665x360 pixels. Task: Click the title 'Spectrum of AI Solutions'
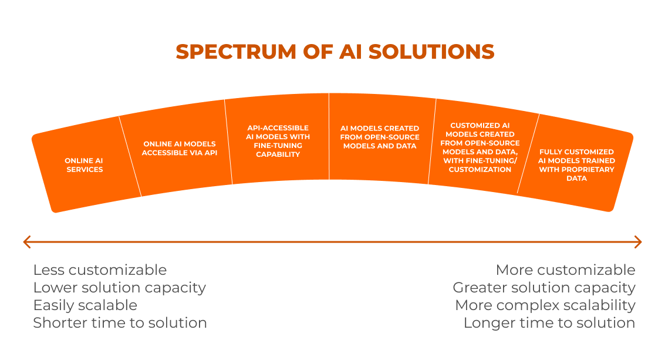(335, 52)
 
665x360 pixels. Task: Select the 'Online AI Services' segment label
(84, 165)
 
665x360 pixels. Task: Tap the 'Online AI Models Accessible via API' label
(180, 148)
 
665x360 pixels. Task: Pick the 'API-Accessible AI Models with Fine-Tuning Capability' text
(278, 141)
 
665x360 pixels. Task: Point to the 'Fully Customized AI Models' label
(576, 165)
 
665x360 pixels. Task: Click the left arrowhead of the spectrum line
(26, 242)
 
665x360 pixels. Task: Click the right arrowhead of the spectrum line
(638, 242)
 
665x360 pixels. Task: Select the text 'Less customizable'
(100, 270)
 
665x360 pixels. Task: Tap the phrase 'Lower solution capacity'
(119, 288)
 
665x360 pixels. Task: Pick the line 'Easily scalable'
(85, 305)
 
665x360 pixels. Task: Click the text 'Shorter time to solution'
(120, 323)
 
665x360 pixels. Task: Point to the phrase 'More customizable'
(565, 270)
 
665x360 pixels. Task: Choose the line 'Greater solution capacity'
(544, 288)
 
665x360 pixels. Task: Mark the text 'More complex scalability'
(545, 305)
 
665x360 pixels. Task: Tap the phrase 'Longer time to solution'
(549, 323)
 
